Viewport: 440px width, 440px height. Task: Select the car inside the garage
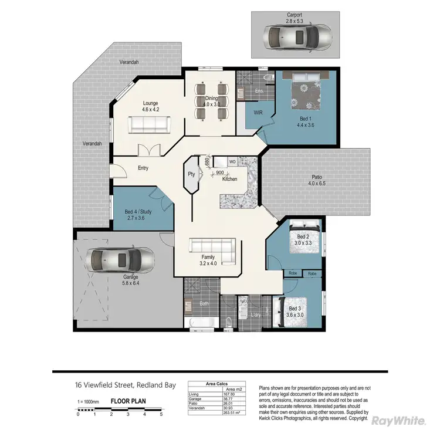point(120,258)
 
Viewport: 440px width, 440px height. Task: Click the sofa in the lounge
point(150,124)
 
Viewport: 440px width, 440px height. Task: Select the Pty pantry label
point(191,174)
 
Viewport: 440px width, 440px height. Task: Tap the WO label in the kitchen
point(232,161)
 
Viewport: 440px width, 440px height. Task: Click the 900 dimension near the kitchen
point(219,172)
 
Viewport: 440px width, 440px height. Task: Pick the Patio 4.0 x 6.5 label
point(316,180)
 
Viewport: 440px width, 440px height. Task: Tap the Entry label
point(143,168)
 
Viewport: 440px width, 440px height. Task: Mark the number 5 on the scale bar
point(161,414)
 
